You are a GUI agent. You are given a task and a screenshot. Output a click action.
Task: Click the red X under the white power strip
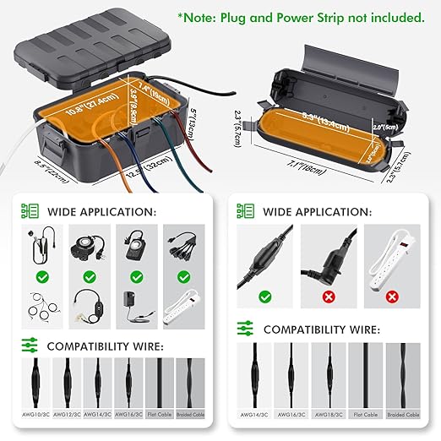point(391,297)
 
